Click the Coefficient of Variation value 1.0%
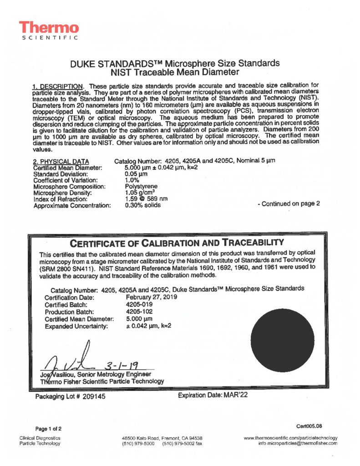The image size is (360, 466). click(132, 180)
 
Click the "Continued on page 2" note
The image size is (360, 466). click(289, 203)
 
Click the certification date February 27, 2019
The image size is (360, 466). click(151, 297)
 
